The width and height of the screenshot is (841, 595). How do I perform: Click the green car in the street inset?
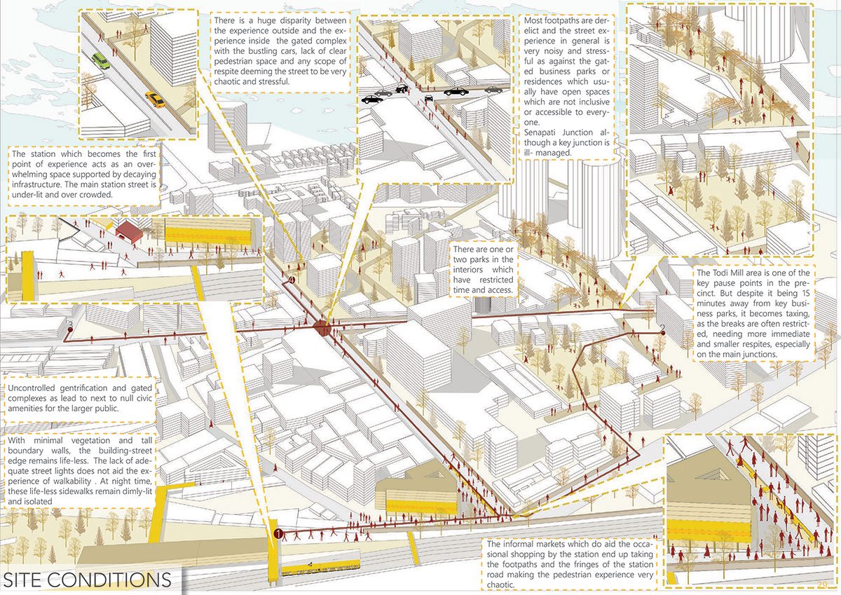101,61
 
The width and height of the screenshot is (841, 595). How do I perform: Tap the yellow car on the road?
155,100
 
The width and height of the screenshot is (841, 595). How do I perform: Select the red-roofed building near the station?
129,231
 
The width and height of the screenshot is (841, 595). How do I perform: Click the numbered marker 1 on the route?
278,535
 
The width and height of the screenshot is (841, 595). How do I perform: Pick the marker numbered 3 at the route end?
70,324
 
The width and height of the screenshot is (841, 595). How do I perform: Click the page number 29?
822,584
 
